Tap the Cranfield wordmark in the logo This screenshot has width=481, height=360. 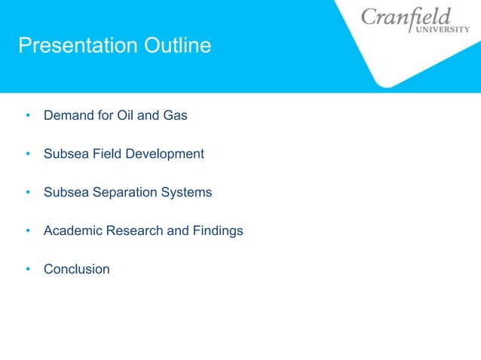point(406,17)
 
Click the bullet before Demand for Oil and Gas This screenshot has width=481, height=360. point(27,116)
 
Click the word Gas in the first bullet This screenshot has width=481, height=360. point(175,116)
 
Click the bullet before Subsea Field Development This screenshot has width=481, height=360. point(27,154)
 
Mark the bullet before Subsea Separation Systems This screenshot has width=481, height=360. point(27,193)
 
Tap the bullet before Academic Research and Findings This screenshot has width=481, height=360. point(27,231)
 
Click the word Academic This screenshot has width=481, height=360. point(72,231)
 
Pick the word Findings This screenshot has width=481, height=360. point(217,231)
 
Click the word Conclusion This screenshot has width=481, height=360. point(76,270)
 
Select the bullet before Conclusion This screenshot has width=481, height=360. point(27,270)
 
